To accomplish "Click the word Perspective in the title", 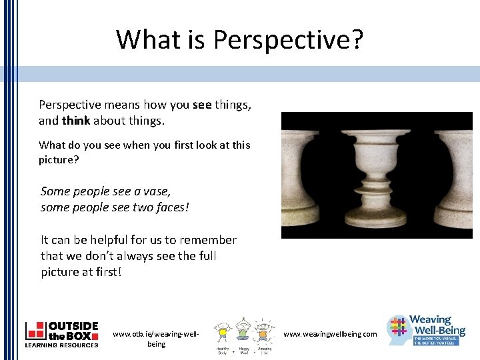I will (281, 40).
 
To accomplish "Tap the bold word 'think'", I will (76, 121).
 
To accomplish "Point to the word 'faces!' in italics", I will (171, 207).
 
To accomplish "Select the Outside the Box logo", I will (61, 334).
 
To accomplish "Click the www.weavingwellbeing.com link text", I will (329, 334).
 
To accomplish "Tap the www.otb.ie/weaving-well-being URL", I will (156, 339).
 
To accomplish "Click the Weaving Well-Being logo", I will (427, 331).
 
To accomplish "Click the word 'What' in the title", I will (141, 40).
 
